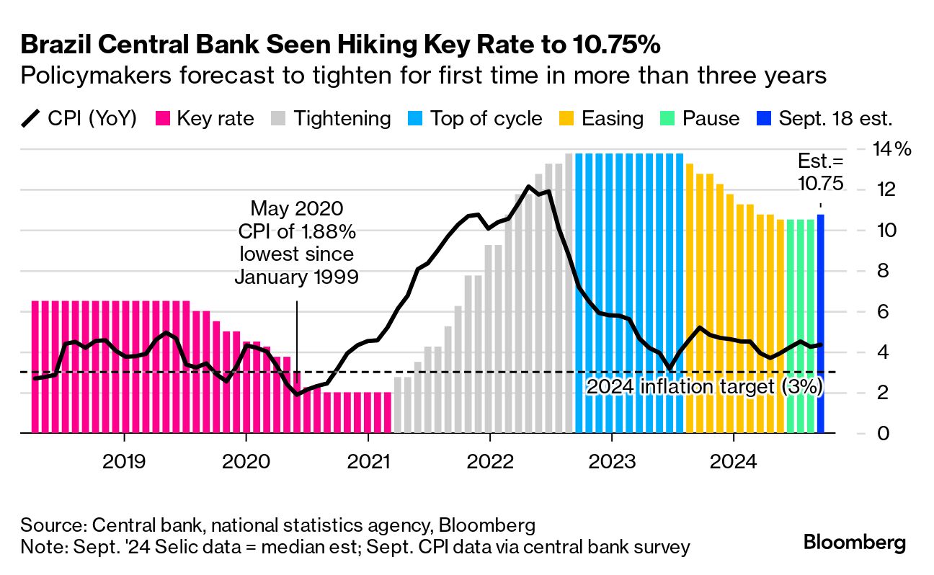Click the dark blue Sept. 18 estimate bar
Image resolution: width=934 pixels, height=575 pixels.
click(820, 324)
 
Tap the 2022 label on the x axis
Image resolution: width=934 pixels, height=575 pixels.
click(490, 459)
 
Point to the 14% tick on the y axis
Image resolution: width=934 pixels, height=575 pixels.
click(893, 150)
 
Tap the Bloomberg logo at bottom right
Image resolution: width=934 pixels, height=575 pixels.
click(855, 543)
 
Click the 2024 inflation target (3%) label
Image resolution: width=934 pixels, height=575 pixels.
click(704, 386)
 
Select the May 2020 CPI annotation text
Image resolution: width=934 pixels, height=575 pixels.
click(296, 243)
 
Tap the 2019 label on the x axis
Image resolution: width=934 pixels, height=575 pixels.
click(124, 459)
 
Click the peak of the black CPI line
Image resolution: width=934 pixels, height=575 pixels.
click(529, 187)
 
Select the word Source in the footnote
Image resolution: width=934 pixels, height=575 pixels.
click(50, 524)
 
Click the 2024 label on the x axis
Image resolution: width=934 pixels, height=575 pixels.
click(734, 459)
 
